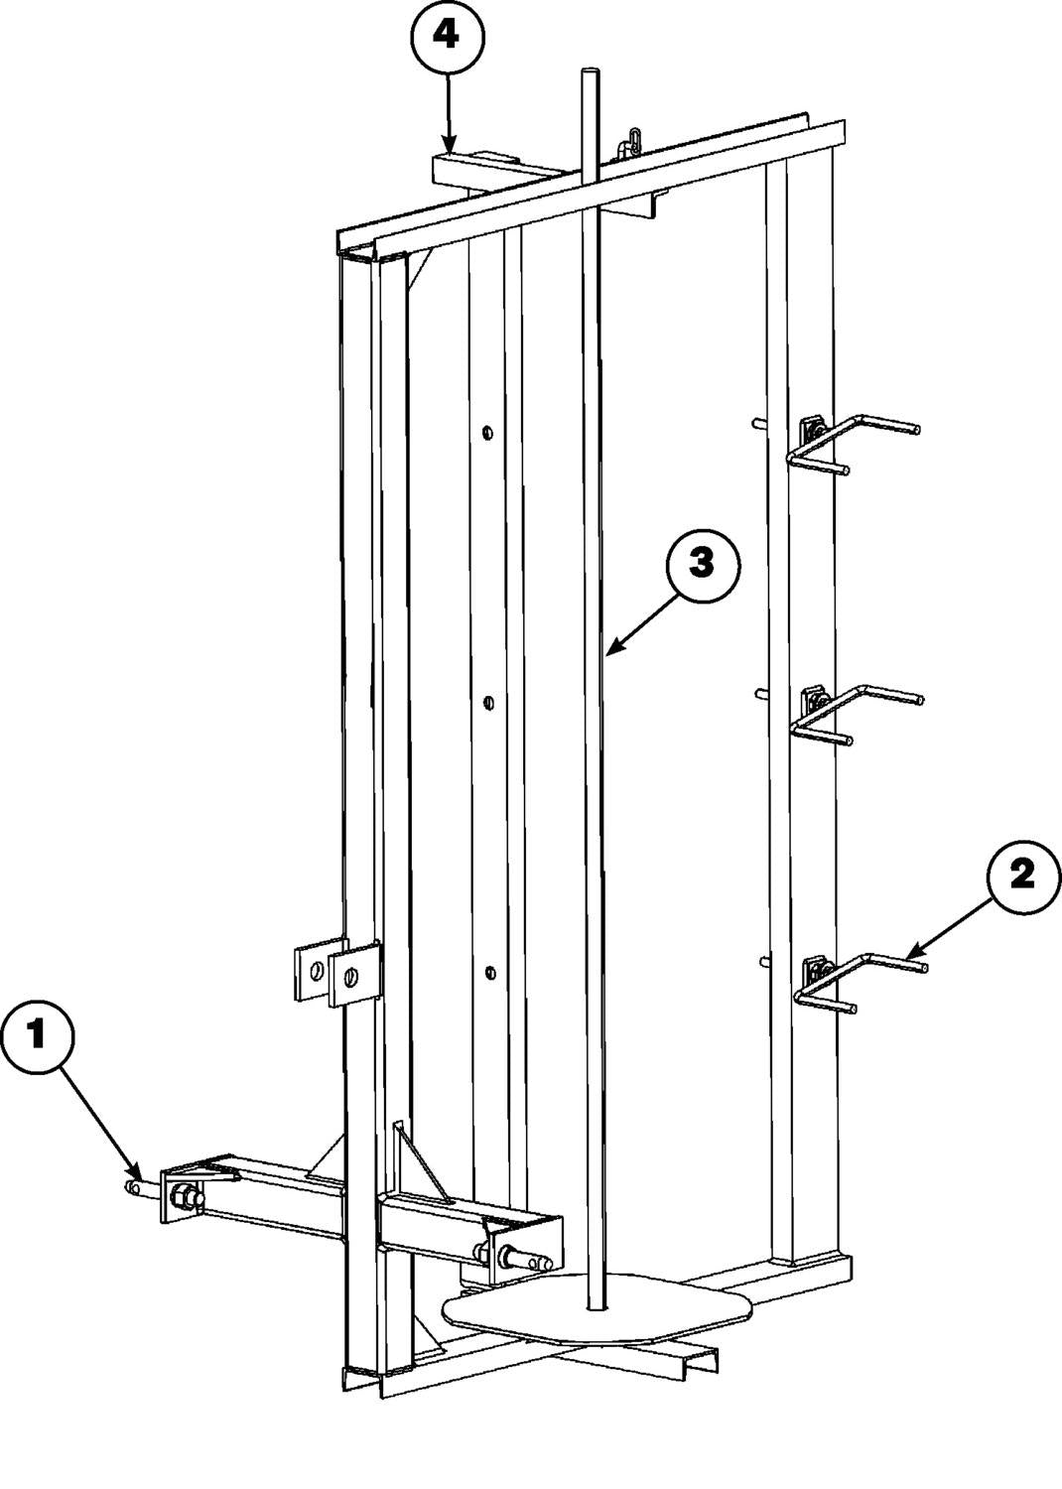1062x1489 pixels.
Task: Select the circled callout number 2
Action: [x=1022, y=877]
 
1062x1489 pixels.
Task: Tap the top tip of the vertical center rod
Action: [x=591, y=69]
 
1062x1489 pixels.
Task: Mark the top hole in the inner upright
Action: [x=487, y=433]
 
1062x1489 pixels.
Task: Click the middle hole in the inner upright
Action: [x=488, y=702]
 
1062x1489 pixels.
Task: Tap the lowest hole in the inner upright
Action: [x=490, y=973]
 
